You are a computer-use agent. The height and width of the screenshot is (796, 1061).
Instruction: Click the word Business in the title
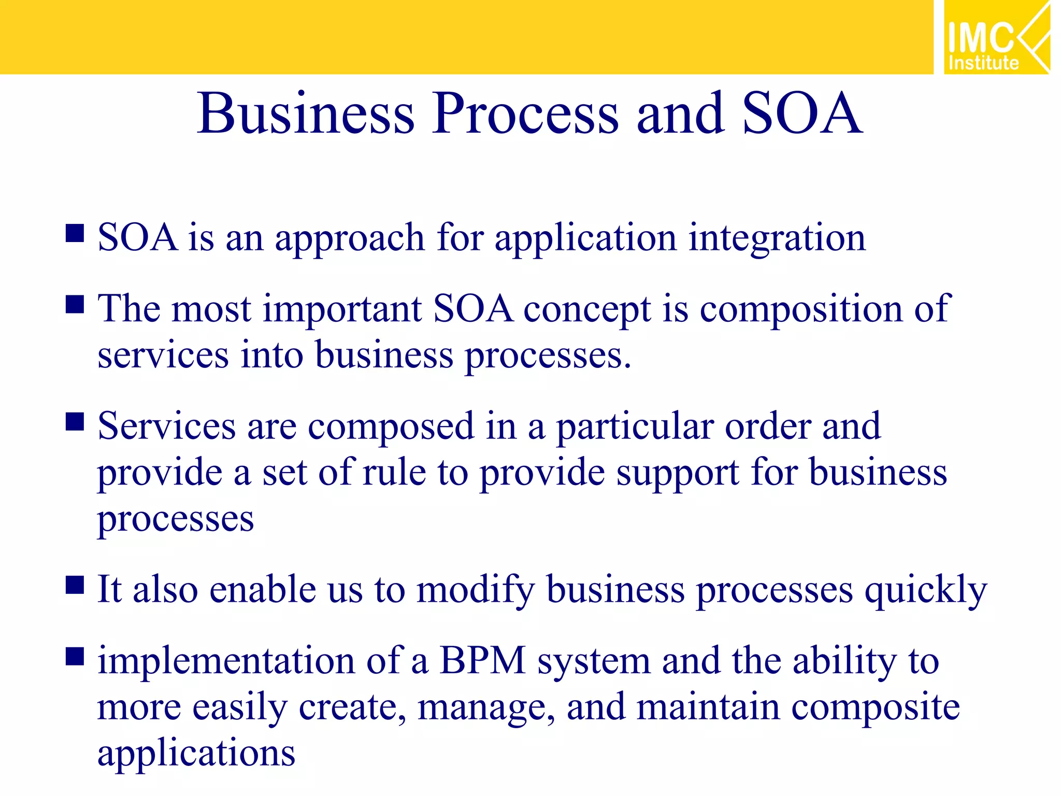click(x=306, y=114)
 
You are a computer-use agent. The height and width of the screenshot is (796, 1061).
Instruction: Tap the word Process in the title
click(x=525, y=114)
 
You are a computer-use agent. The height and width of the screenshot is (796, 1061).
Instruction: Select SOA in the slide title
click(x=802, y=114)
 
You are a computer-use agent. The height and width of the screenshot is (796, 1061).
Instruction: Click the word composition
click(x=801, y=310)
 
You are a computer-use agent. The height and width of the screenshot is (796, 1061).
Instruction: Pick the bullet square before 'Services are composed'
click(x=75, y=422)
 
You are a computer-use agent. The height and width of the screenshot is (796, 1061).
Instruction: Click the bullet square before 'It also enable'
click(x=75, y=585)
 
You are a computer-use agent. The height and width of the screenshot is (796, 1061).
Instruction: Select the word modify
click(x=476, y=591)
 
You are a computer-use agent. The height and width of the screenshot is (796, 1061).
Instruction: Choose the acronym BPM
click(x=483, y=661)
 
